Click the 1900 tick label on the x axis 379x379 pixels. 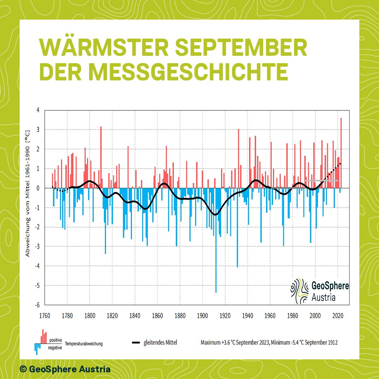tap(202, 315)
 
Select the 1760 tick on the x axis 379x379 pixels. tap(45, 315)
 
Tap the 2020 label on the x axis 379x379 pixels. tap(338, 315)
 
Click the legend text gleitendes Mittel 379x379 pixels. tap(160, 343)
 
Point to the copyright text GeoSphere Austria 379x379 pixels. tap(65, 369)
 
